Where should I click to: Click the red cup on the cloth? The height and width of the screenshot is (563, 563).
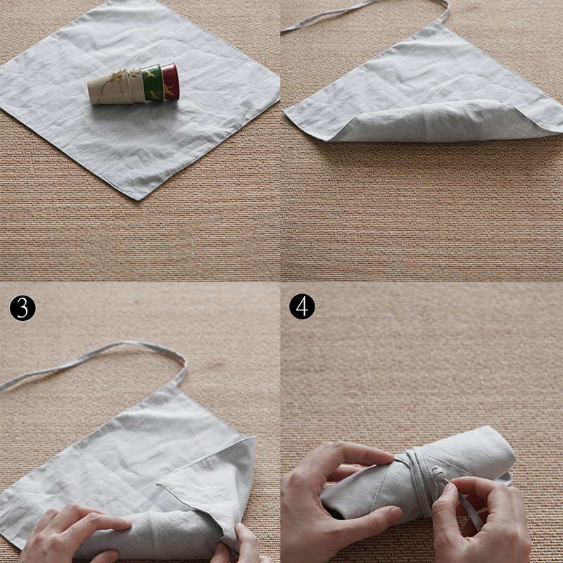(170, 82)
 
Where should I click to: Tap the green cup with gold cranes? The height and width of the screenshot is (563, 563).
(153, 83)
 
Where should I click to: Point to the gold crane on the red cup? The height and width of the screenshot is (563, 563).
(169, 90)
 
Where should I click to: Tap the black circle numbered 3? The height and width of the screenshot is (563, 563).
(23, 308)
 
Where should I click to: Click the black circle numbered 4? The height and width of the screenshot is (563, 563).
(303, 307)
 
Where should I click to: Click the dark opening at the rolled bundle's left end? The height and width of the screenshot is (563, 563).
(333, 512)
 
